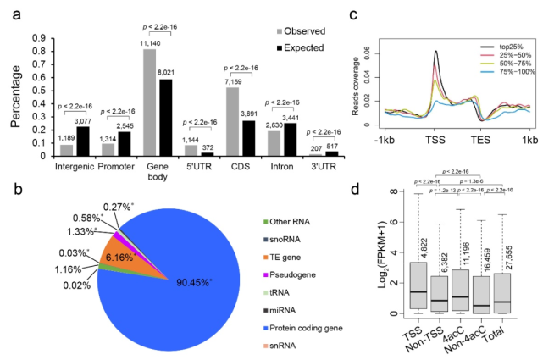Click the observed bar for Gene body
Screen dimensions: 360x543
click(x=149, y=102)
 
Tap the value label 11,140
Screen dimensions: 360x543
click(x=148, y=43)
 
